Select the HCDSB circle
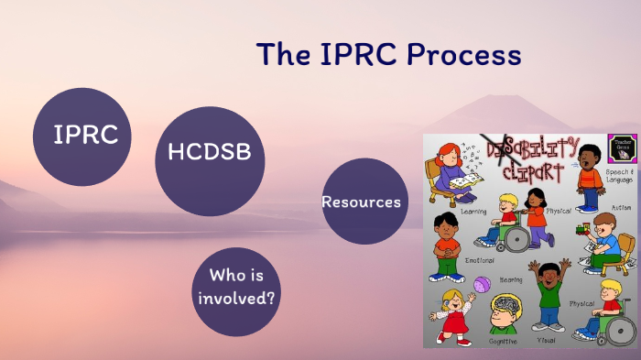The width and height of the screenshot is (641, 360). pos(210,151)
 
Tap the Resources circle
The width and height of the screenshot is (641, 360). pos(362,202)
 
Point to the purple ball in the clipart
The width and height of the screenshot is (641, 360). pos(482,285)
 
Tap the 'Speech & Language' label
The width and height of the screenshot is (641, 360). pos(619,176)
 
